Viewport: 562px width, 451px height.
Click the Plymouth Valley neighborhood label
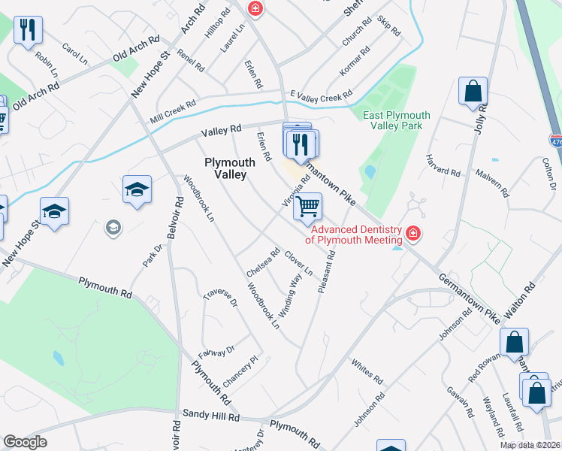pos(225,168)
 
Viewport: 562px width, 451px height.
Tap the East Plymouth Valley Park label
pos(396,120)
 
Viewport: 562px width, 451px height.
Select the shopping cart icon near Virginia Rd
pos(307,205)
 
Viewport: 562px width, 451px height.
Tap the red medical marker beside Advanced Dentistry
pos(412,235)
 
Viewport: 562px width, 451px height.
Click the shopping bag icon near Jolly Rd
pos(473,91)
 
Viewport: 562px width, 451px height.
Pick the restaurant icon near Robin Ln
pos(28,30)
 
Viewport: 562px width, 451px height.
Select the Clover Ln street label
pos(298,262)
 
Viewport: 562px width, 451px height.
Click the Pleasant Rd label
pos(326,271)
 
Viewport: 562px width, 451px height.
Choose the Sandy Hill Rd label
pos(211,416)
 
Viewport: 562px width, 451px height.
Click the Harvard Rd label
pos(443,171)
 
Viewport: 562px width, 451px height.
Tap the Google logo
pos(26,442)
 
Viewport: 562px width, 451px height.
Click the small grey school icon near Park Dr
pos(113,226)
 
